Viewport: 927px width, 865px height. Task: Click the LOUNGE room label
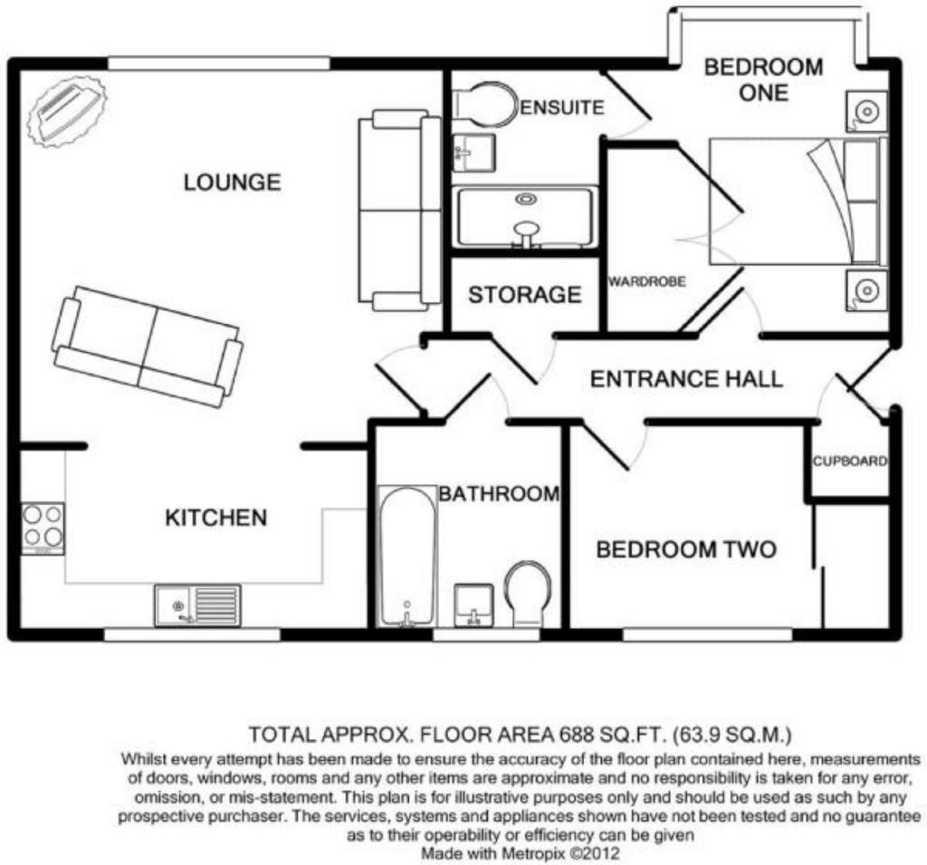232,183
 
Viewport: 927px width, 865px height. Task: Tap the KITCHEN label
215,518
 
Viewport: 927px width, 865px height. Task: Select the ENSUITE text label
562,108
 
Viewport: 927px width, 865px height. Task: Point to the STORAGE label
524,295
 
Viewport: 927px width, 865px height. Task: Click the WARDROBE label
646,282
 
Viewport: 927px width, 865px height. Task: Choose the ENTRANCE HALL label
686,378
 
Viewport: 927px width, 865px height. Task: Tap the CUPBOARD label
849,461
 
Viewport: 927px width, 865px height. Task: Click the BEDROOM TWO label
685,549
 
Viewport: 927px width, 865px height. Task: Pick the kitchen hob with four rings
43,526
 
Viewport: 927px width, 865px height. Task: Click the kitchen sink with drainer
197,604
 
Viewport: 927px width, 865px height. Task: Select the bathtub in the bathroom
406,556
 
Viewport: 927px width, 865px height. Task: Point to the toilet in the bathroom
527,592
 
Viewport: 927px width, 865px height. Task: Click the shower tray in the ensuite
525,217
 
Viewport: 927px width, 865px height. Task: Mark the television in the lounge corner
66,111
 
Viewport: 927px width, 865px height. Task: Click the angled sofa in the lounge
148,347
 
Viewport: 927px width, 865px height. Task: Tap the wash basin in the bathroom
472,604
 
